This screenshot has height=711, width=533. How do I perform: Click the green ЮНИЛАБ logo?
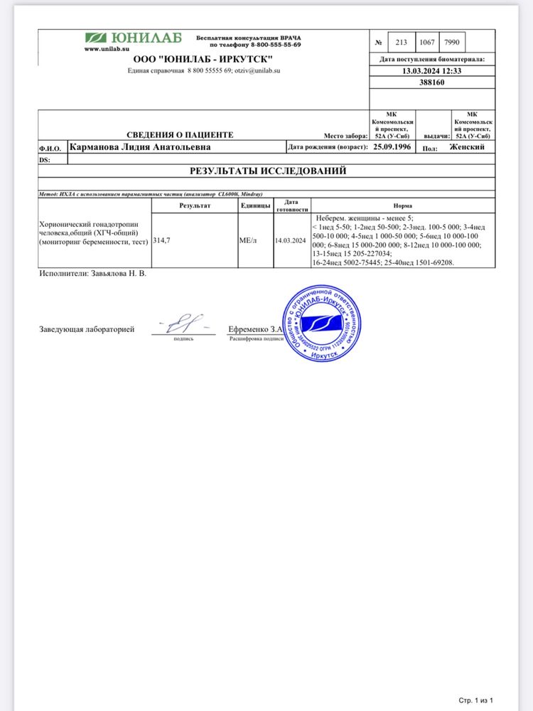tap(134, 38)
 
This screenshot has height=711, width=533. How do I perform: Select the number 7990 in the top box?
tap(451, 42)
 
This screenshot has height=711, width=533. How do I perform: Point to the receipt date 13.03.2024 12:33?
tap(432, 71)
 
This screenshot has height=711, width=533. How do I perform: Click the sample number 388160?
tap(432, 82)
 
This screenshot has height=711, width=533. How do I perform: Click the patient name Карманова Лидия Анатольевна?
tap(139, 147)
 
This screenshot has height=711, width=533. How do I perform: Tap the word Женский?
tap(467, 147)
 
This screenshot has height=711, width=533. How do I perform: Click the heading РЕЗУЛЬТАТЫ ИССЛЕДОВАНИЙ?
tap(266, 171)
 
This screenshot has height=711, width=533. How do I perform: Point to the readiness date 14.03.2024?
tap(291, 241)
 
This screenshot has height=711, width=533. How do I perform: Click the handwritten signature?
tap(183, 326)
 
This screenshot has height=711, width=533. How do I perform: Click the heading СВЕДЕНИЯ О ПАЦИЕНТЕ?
tap(179, 134)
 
